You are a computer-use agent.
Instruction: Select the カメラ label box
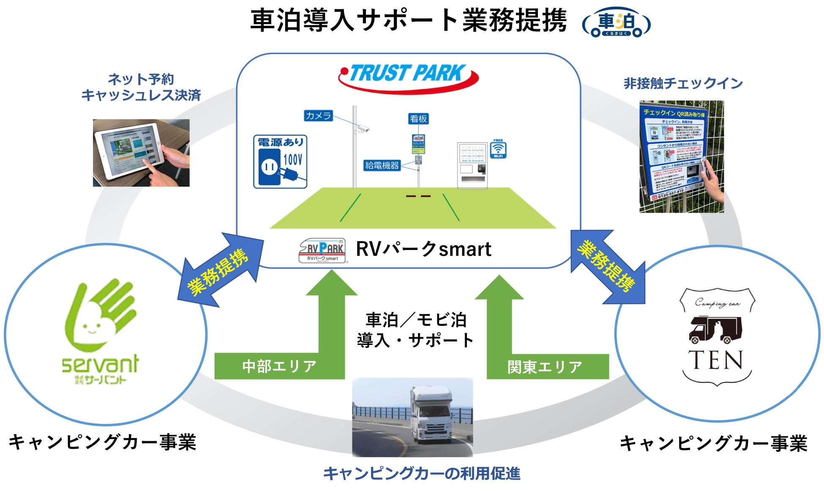point(318,116)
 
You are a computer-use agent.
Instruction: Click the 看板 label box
point(418,119)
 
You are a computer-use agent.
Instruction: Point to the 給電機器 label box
point(382,165)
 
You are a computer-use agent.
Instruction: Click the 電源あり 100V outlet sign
point(280,161)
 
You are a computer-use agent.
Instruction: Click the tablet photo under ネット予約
point(141,153)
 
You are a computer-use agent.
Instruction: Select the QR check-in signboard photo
point(681,156)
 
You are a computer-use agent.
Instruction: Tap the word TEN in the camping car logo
point(716,361)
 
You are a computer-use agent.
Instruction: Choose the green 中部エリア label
point(279,366)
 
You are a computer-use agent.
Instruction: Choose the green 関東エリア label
point(545,366)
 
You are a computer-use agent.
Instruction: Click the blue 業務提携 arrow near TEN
point(608,267)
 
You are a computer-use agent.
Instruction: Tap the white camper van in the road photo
point(431,415)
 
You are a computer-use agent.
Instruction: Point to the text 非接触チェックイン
point(683,84)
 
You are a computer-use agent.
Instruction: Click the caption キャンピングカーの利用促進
point(421,474)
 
